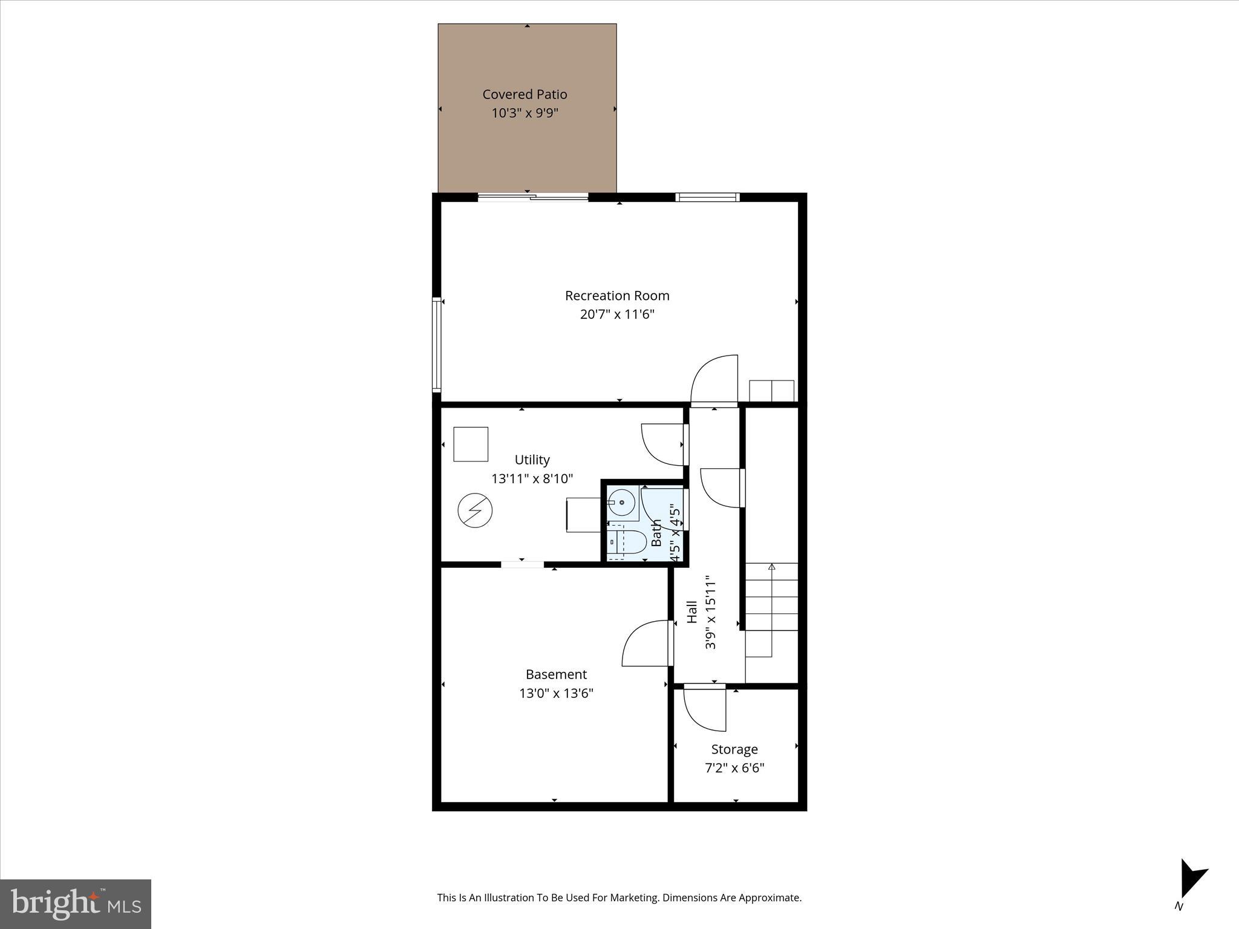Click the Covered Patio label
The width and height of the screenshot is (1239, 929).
[x=525, y=94]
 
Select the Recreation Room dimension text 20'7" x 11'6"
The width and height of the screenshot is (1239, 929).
[x=617, y=315]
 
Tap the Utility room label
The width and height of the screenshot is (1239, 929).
[x=532, y=460]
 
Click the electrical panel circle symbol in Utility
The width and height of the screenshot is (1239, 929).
[x=475, y=510]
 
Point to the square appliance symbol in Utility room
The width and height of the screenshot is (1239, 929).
[x=471, y=445]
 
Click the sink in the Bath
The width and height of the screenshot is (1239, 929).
[x=621, y=502]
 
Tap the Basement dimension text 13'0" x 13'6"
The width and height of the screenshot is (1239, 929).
[x=556, y=693]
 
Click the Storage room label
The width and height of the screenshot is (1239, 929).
[x=734, y=749]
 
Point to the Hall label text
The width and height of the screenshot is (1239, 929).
[x=693, y=612]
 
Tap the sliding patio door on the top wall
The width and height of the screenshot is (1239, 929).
[x=533, y=197]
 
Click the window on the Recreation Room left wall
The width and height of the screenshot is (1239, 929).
[x=436, y=344]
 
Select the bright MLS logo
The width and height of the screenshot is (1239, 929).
[x=76, y=904]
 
